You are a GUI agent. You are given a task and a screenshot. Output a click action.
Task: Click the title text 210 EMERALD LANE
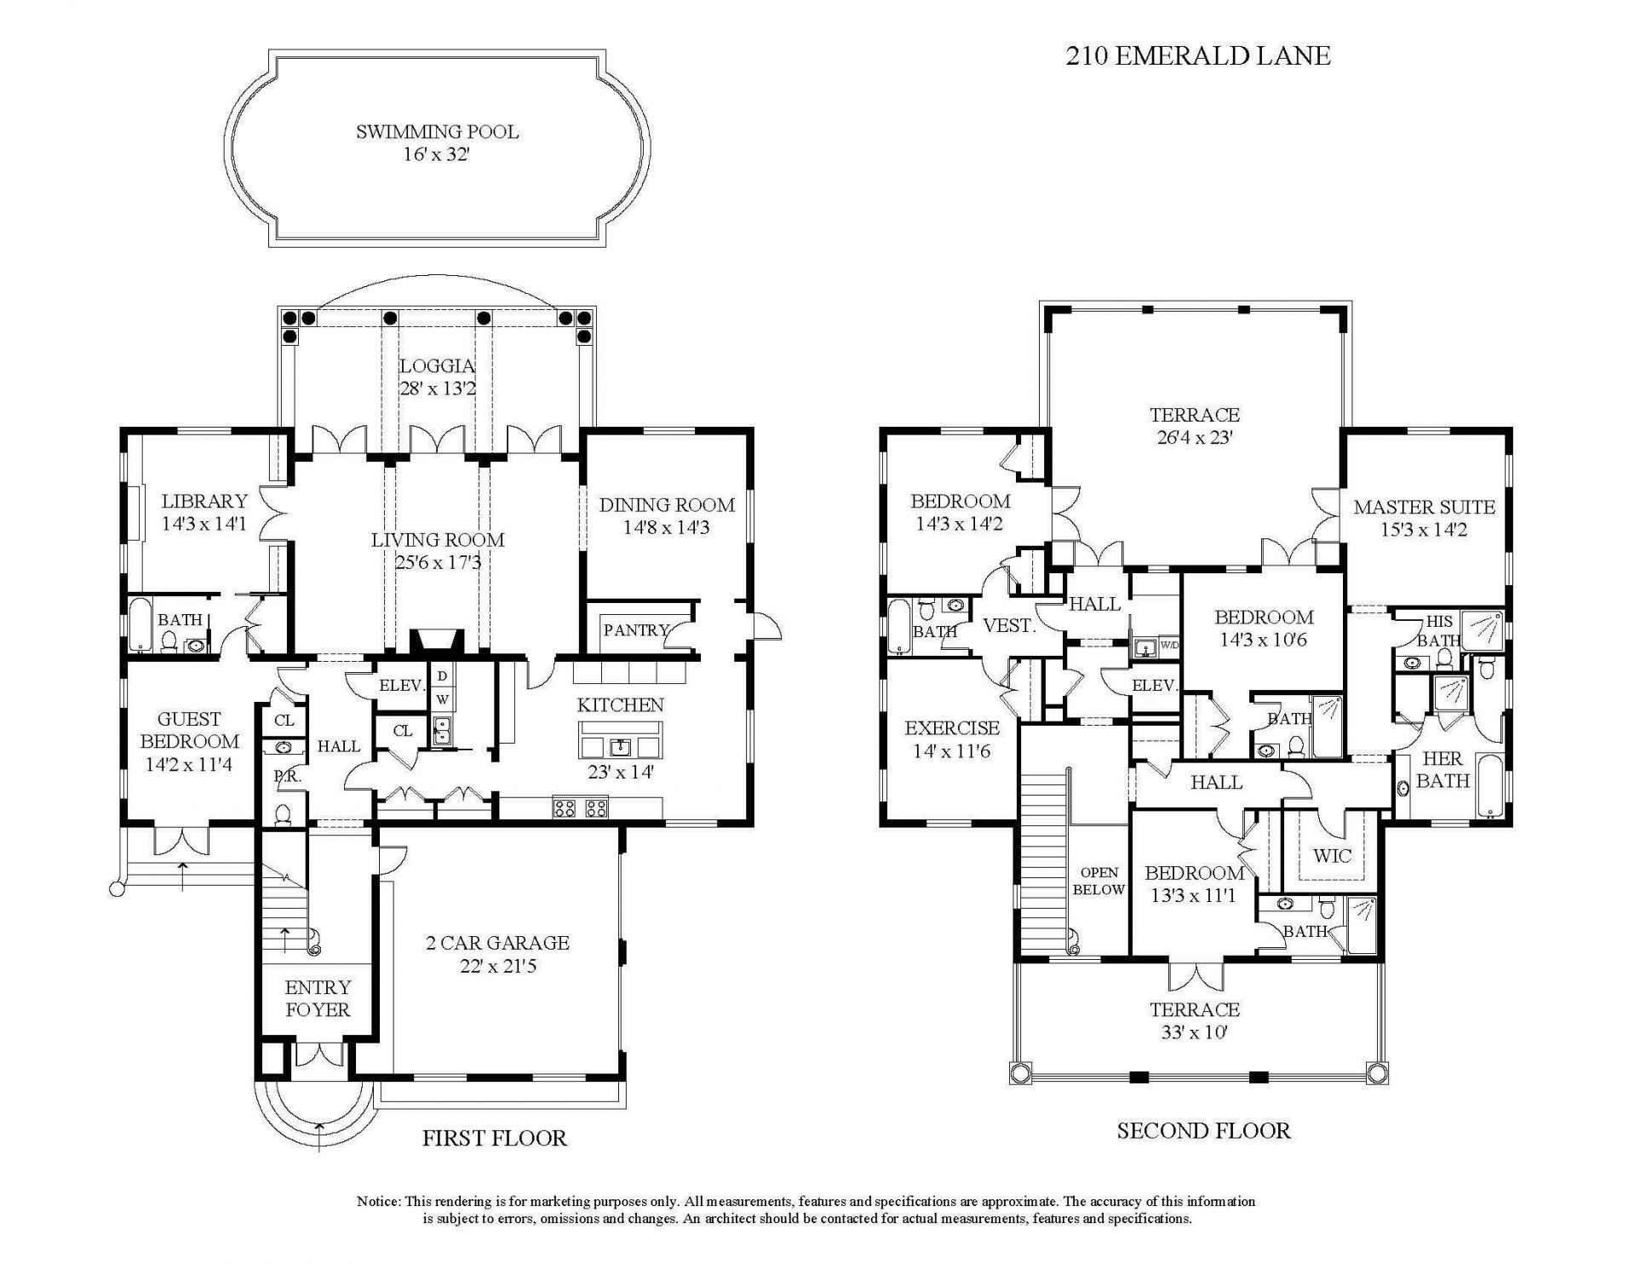coord(1197,56)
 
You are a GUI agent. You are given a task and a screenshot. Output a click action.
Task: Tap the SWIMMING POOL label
coord(437,132)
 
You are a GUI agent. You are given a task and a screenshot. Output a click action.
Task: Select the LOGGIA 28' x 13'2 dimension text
coord(437,388)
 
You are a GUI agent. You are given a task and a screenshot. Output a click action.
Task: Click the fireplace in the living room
coord(437,641)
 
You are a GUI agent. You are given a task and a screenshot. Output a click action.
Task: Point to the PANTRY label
coord(635,630)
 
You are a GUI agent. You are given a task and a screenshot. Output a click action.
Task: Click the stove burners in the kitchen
coord(581,807)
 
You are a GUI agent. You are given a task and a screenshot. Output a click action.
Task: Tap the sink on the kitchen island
coord(621,748)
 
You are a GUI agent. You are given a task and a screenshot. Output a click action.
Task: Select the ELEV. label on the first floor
coord(401,685)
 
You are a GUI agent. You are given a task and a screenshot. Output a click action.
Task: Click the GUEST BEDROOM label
coord(189,730)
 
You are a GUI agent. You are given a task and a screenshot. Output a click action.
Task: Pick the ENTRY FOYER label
coord(318,998)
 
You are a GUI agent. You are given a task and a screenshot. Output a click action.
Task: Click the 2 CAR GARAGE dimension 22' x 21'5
coord(497,966)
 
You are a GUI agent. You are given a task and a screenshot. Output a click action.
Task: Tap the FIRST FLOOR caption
coord(494,1138)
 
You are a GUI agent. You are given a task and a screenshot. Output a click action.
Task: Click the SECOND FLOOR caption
coord(1203,1131)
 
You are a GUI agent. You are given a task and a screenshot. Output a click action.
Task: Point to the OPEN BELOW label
coord(1099,881)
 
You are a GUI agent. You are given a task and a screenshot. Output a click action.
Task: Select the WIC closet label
coord(1332,855)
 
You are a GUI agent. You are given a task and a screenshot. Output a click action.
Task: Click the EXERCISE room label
coord(952,728)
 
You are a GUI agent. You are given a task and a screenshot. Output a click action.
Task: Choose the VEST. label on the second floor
coord(1008,626)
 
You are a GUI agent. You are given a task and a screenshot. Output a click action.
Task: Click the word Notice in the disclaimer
coord(377,1202)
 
